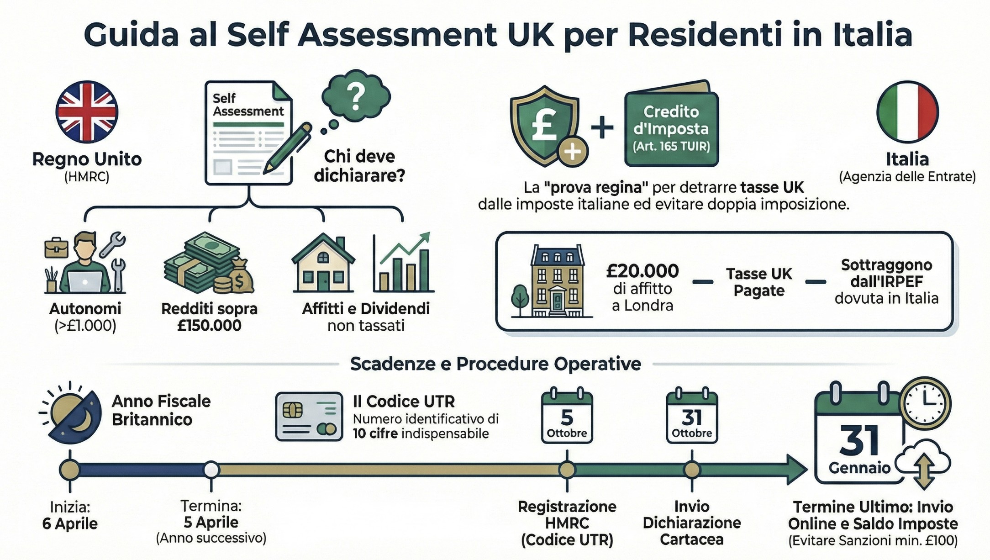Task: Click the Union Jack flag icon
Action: click(x=87, y=112)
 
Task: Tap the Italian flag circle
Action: click(x=907, y=112)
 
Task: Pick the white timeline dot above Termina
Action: click(x=211, y=470)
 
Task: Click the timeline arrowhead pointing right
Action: click(x=797, y=470)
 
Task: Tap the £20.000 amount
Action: click(x=642, y=271)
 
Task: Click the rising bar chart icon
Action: click(x=403, y=262)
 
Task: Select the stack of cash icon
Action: click(x=209, y=264)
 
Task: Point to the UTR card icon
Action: click(x=309, y=416)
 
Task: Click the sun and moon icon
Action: click(x=72, y=412)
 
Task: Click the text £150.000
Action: click(x=209, y=326)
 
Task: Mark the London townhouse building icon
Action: click(x=553, y=281)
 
